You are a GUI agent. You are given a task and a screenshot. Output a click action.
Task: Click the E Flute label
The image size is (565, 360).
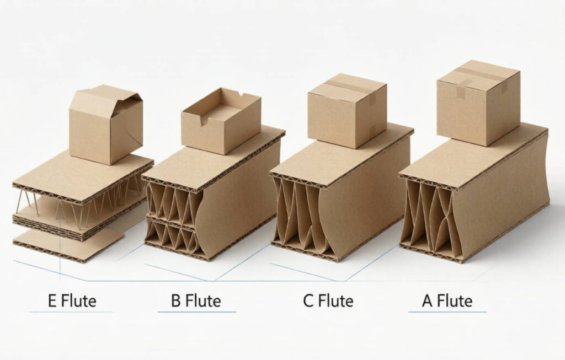point(72,301)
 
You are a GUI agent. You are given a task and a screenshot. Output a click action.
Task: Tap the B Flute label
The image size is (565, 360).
point(196,301)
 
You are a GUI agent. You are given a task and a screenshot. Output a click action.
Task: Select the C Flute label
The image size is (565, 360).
point(328,301)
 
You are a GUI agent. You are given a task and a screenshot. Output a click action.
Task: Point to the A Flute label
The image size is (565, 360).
point(447,301)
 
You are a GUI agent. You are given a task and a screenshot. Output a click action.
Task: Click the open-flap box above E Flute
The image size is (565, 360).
point(106,125)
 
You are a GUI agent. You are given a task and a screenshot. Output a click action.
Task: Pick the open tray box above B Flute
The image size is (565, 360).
point(221,121)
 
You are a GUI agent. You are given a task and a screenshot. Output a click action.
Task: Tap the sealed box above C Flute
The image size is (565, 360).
point(348,111)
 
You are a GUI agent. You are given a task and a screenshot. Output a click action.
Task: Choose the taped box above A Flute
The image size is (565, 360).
point(478,103)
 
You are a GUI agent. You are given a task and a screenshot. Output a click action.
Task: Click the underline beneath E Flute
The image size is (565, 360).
point(71,311)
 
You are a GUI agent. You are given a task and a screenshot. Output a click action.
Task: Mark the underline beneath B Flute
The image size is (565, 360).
point(197,311)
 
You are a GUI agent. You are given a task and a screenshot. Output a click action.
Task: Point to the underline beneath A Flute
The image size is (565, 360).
point(447,311)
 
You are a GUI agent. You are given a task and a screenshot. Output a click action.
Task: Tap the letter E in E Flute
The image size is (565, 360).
point(52,301)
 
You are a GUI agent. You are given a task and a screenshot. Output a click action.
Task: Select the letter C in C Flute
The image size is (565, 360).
point(308,301)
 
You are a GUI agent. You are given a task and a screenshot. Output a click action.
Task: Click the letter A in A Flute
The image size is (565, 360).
point(428,301)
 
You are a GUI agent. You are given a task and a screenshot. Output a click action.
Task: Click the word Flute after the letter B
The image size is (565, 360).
point(203,301)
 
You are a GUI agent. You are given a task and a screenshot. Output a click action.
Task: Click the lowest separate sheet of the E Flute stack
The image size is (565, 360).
point(68,245)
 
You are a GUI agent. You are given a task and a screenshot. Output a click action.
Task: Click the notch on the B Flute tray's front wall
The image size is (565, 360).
point(204,120)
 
